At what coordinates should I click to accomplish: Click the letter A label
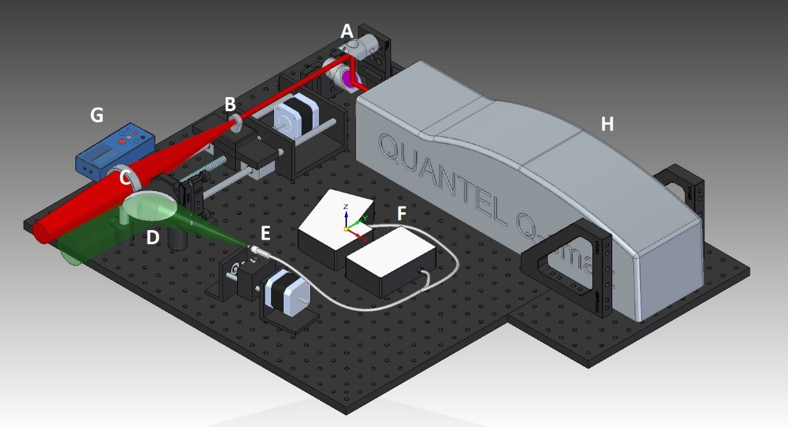click(x=347, y=30)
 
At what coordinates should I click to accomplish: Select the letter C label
click(x=126, y=178)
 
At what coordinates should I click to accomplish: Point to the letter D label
click(x=152, y=238)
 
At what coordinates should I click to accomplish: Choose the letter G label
click(x=97, y=115)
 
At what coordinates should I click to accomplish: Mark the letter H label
click(x=606, y=124)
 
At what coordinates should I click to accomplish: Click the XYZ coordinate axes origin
click(x=346, y=228)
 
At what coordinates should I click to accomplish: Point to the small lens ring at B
click(x=235, y=122)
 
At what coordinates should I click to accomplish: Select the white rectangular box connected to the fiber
click(x=390, y=261)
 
